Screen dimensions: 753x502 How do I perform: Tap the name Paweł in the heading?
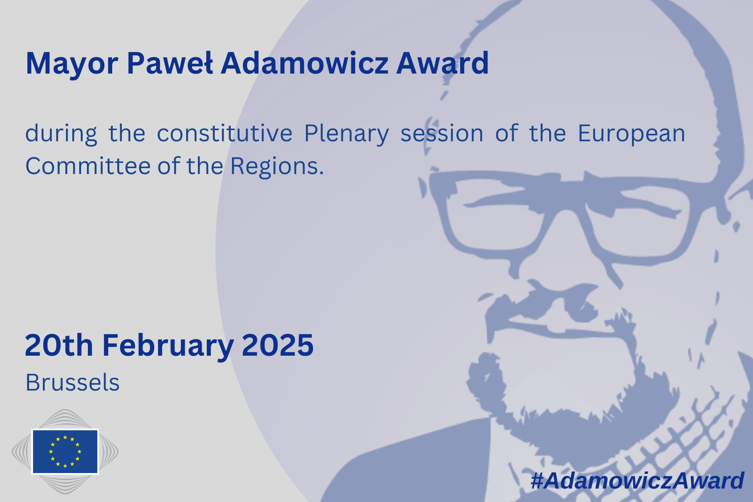point(170,63)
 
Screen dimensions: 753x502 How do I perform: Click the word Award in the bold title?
point(442,63)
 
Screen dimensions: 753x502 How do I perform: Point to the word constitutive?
point(224,133)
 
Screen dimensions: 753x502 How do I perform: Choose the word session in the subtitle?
point(442,134)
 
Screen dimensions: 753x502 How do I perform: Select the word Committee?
point(88,166)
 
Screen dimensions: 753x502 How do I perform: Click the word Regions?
point(277,167)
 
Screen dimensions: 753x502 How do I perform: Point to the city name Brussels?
point(73,383)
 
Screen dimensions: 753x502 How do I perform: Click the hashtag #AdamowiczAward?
point(637,481)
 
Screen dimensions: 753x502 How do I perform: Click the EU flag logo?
point(65,452)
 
